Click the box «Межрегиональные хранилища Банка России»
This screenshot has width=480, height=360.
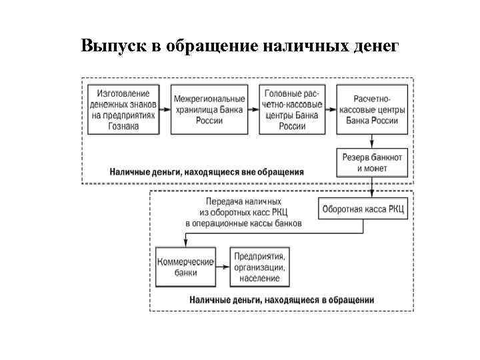(209, 109)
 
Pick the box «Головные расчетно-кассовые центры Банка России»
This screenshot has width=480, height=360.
(292, 109)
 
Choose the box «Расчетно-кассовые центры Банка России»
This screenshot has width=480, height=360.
(373, 109)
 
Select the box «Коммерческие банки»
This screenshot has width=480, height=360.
(185, 267)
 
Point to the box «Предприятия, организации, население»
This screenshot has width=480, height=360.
(259, 267)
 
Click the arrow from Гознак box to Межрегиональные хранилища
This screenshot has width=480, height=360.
(165, 109)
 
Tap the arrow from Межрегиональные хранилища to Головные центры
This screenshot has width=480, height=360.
(253, 109)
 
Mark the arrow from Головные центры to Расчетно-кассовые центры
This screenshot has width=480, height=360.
(330, 109)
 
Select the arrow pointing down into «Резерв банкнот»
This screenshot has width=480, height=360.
(372, 141)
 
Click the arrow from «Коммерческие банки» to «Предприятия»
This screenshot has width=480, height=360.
(223, 267)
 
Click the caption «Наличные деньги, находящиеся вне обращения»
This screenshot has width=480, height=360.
(207, 171)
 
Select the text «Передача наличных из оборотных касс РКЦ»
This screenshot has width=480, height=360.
(243, 208)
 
